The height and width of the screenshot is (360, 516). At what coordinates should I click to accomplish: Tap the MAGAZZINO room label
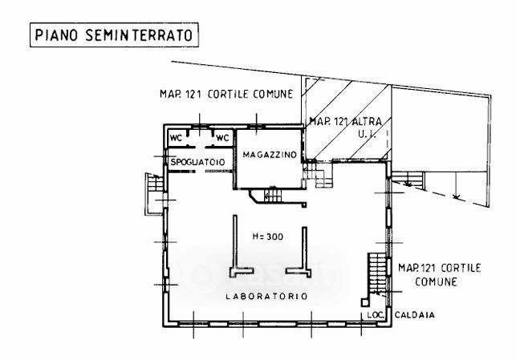(267, 154)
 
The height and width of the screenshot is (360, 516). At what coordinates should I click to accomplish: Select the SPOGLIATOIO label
(200, 163)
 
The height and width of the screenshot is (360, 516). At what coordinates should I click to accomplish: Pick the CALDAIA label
(414, 315)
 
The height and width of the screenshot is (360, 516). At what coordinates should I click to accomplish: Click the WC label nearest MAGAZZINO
(221, 138)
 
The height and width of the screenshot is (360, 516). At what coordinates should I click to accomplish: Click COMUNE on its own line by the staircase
(436, 282)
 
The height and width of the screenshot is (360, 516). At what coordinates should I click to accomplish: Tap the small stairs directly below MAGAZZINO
(268, 196)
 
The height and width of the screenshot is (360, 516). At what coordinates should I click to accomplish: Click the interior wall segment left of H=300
(235, 245)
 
